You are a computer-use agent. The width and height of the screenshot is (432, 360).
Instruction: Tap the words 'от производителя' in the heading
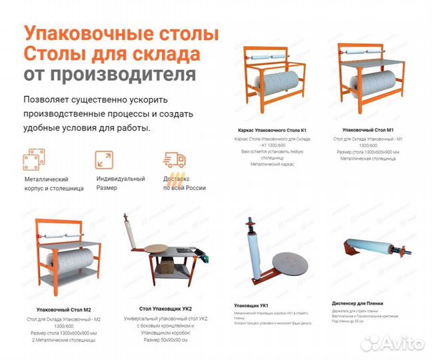(x=110, y=73)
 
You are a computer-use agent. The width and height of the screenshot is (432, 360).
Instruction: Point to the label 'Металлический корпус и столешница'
(x=53, y=183)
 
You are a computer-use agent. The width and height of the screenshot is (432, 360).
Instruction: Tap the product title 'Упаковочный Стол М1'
(x=368, y=129)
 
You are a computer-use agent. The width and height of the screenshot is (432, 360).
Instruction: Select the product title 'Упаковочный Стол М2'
(x=64, y=310)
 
